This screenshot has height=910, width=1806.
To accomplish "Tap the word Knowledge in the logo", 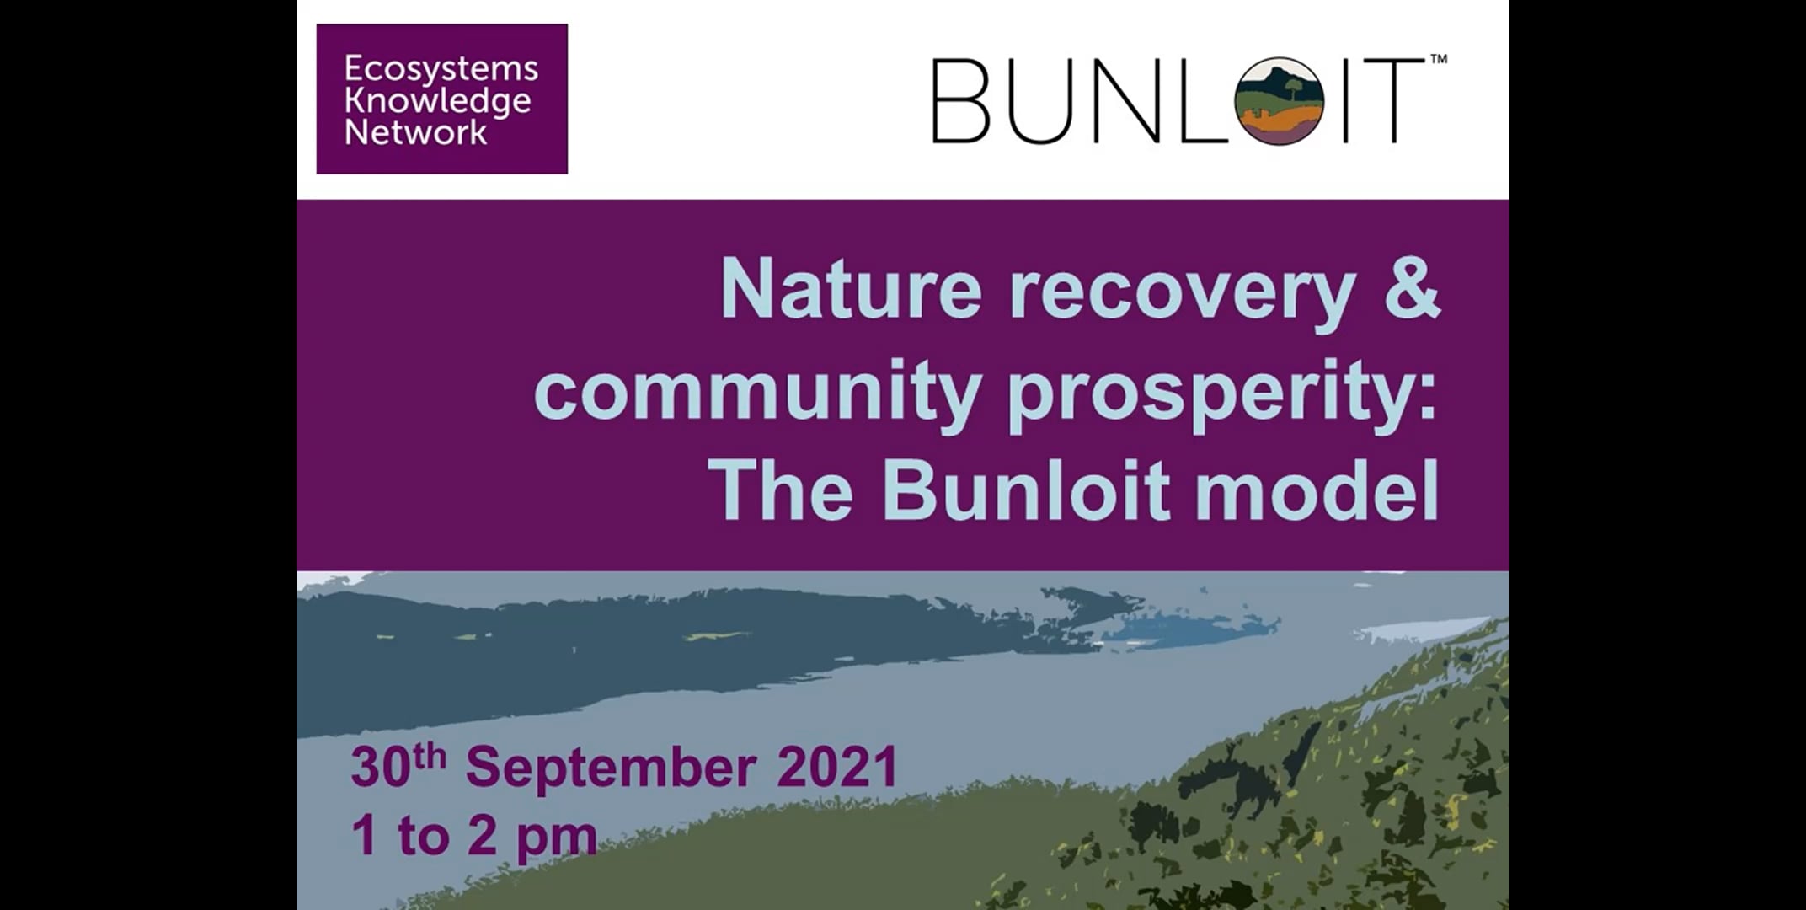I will click(437, 101).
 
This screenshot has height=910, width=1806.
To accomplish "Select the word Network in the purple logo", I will click(415, 132).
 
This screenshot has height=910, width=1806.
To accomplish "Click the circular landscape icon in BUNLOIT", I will click(1279, 101).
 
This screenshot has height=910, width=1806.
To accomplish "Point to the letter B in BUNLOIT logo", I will click(961, 101).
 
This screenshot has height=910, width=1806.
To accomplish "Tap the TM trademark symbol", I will click(1439, 60).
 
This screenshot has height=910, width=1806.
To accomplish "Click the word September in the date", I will click(611, 768).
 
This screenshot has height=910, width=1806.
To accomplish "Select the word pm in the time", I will click(556, 837).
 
